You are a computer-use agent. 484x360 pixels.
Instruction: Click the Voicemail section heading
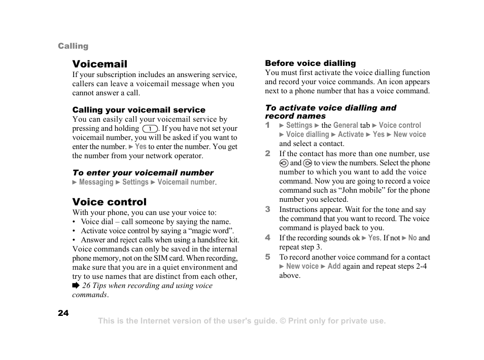99,64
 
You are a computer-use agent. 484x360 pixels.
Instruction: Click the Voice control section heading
109,202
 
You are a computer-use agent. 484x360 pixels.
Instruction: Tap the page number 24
63,313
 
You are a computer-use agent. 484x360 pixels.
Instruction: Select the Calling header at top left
73,46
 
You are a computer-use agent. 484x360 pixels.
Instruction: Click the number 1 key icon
150,129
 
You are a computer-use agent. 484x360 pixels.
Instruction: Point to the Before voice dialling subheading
310,63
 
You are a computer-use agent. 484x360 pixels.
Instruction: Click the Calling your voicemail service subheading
139,110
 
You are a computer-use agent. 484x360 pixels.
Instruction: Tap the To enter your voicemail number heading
143,173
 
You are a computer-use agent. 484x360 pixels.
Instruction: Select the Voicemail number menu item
186,182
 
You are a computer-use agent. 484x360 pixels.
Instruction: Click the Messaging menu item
96,182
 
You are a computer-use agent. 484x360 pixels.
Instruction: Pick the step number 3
267,209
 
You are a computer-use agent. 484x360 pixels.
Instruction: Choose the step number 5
267,257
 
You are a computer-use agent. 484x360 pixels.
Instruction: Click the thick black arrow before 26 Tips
76,285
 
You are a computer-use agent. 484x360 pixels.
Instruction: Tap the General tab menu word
345,125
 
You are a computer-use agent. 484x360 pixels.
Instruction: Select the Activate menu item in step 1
351,134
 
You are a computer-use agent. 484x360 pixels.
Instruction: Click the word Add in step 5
334,266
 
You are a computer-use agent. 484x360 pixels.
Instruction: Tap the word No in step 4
412,238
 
